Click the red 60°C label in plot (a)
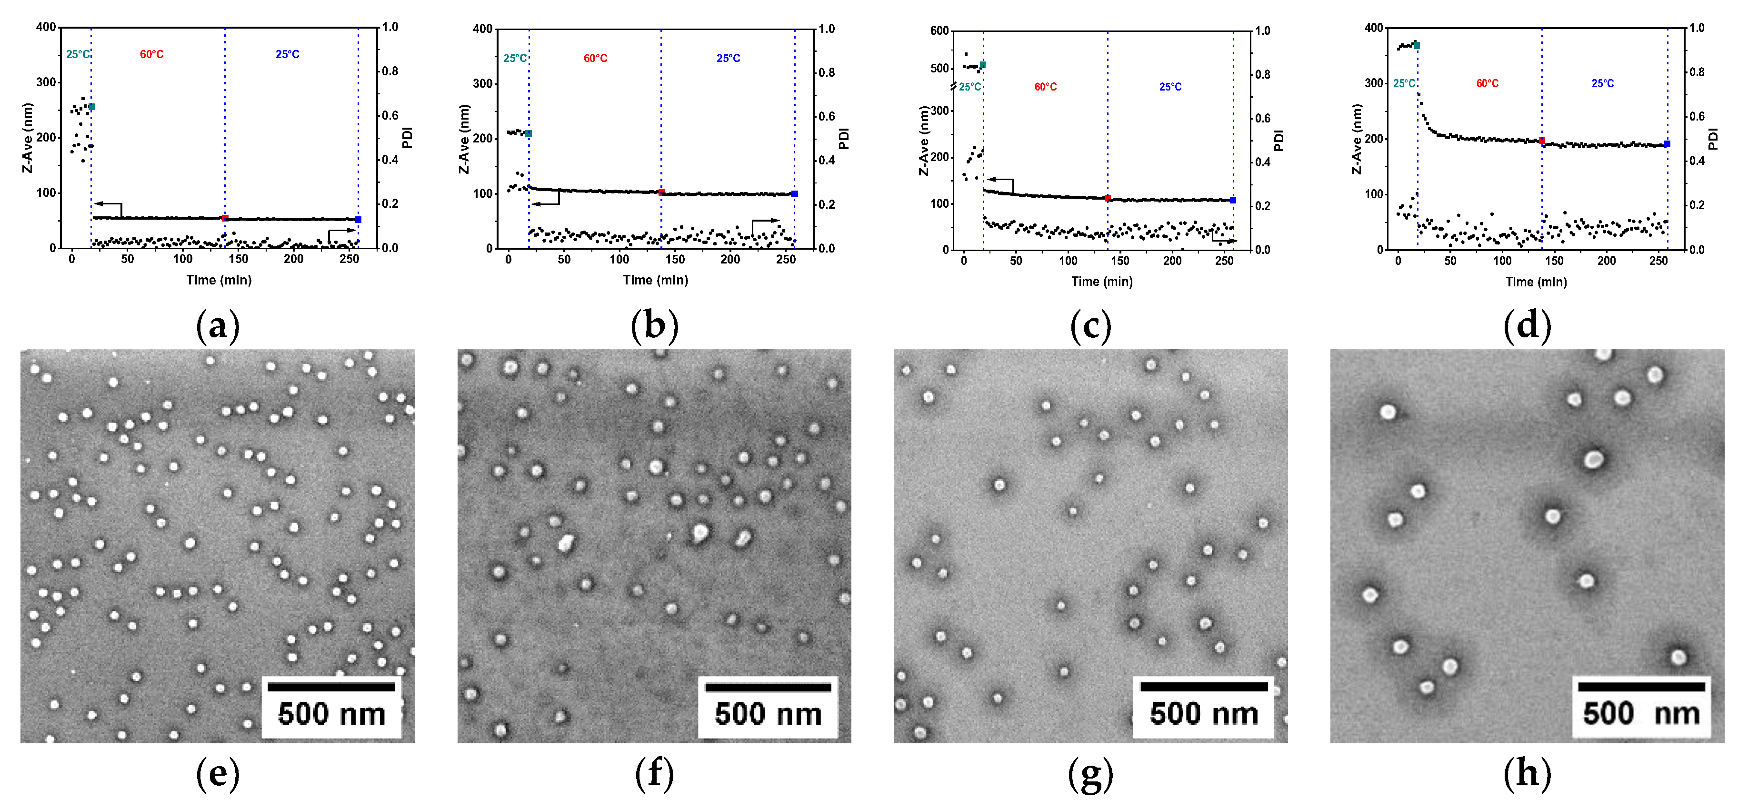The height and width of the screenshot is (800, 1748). [151, 54]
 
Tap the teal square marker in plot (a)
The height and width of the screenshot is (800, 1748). [91, 107]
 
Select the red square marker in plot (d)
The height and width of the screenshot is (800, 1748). [1542, 141]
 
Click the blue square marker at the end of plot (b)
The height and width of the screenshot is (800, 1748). [795, 194]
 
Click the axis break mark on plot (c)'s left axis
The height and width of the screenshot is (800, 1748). [953, 86]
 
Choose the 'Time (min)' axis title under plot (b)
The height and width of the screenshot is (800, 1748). [656, 280]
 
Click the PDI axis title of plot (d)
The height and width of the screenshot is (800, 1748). [1713, 139]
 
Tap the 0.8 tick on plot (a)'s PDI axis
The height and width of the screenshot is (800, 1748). [390, 71]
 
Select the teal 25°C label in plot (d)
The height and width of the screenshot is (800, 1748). [1404, 83]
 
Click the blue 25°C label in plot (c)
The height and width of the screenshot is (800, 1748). [1170, 87]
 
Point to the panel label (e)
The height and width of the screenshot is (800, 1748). [217, 773]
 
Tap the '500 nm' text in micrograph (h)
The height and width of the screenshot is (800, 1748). [1641, 714]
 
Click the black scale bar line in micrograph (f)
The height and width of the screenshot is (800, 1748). [768, 687]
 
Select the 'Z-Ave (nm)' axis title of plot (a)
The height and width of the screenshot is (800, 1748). [28, 138]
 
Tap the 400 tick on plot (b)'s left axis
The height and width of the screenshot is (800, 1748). [482, 29]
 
